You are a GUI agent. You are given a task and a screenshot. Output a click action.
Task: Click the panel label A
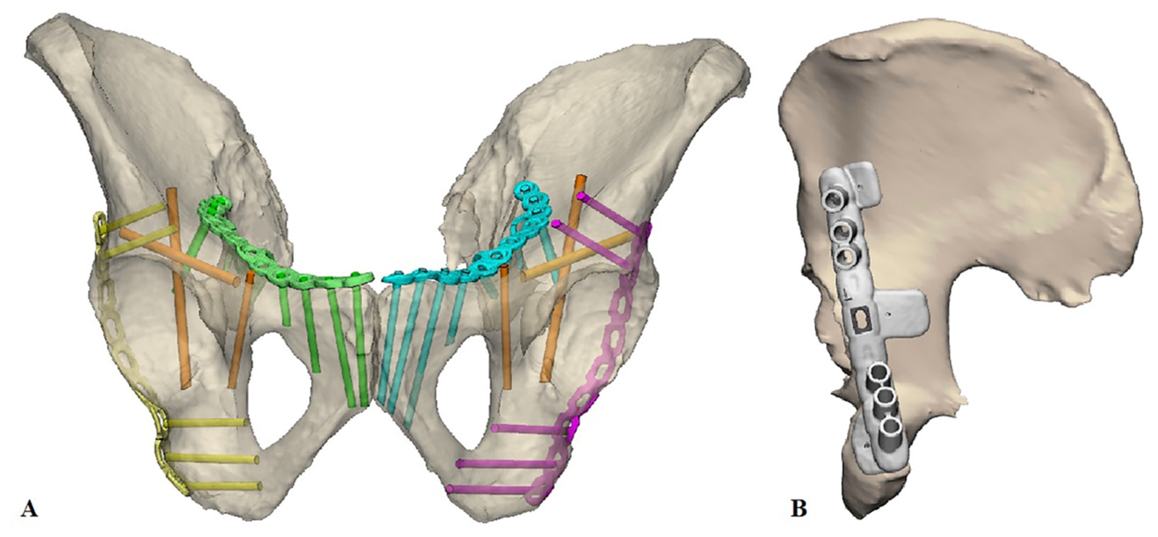coord(29,510)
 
